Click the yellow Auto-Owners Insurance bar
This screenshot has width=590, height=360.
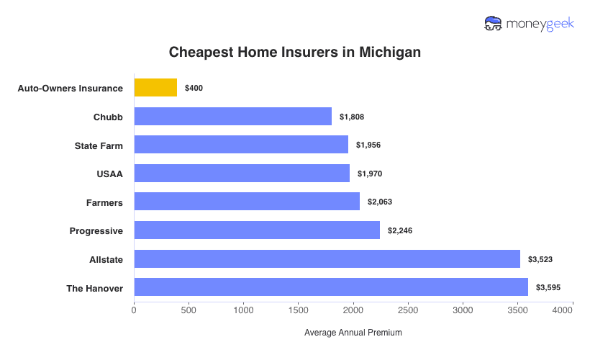(155, 88)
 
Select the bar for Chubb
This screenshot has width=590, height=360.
(232, 117)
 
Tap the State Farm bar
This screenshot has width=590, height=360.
(241, 145)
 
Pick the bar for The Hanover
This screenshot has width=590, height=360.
(331, 287)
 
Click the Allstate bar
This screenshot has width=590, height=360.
(327, 259)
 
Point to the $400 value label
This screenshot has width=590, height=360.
(194, 88)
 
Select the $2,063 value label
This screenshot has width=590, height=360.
(380, 202)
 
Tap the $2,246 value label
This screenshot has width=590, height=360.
(400, 230)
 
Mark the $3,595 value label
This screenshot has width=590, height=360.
(548, 287)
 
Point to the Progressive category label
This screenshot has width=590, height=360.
(96, 230)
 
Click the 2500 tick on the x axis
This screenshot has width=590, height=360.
(408, 310)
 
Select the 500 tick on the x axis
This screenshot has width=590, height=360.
(189, 310)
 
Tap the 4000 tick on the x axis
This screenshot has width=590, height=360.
(563, 310)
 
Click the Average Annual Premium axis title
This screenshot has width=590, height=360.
(353, 333)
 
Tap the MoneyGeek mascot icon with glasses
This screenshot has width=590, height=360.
(494, 23)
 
